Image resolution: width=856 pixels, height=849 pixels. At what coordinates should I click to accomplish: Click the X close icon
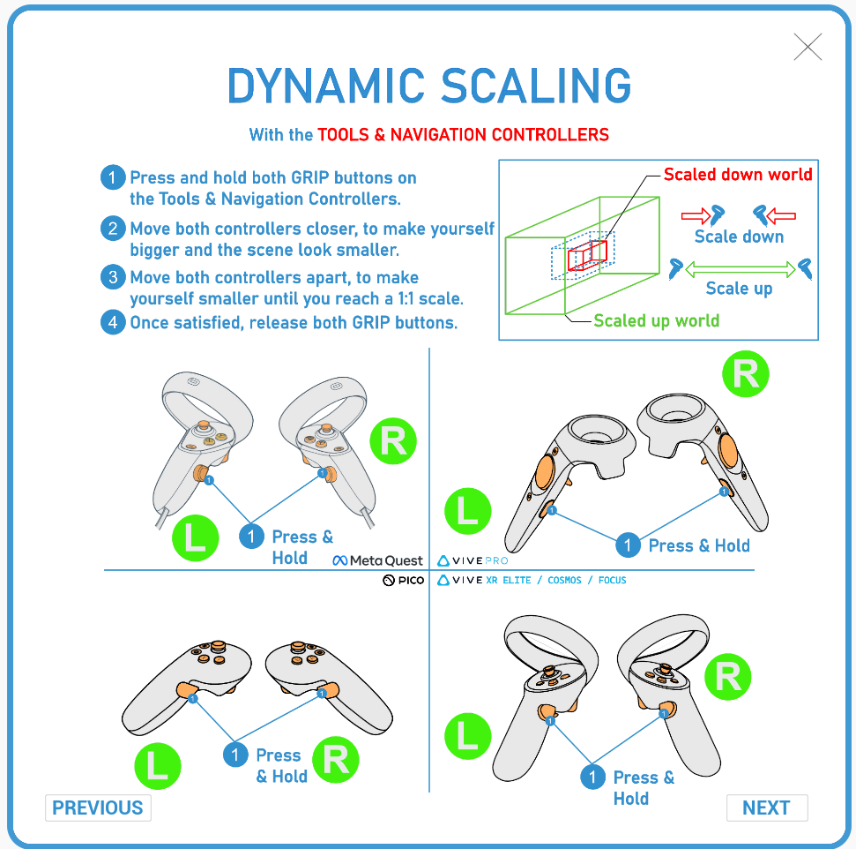click(808, 47)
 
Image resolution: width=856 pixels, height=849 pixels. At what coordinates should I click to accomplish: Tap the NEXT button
click(766, 808)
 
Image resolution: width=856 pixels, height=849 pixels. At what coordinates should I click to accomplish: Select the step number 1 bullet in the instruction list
click(112, 177)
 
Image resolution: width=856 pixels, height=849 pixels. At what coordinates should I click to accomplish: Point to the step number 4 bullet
click(112, 322)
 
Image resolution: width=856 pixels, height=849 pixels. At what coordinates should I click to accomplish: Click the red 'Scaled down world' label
click(738, 174)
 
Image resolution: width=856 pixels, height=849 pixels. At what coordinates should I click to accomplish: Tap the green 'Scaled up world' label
click(656, 320)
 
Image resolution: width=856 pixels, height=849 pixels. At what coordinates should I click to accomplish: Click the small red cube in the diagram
click(581, 258)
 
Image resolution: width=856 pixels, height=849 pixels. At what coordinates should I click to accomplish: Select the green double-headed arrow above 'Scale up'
click(740, 267)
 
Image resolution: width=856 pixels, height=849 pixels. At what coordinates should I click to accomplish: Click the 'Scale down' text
click(739, 236)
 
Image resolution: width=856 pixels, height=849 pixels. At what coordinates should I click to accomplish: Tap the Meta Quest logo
click(378, 560)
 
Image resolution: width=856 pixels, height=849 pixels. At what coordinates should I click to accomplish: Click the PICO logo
click(403, 581)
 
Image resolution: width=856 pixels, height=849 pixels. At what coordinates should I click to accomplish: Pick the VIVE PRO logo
click(473, 560)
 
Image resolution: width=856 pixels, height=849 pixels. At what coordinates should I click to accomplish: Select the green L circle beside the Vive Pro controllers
click(467, 512)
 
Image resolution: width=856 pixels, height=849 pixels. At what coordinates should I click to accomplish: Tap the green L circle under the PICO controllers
click(158, 764)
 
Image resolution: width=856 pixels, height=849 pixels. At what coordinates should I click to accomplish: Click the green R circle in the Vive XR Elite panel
click(727, 678)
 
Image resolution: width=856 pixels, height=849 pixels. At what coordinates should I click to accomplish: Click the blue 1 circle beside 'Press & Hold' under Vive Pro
click(628, 545)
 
